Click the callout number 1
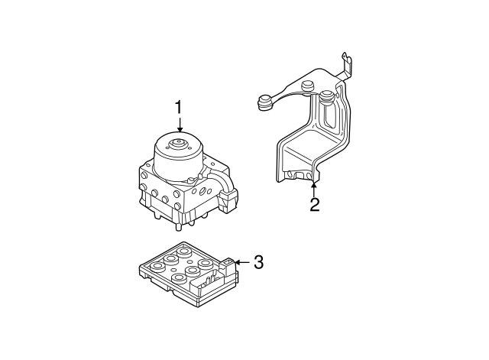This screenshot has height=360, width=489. coord(180,108)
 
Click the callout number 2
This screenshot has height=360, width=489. coord(314,204)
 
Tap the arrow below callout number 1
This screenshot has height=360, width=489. coord(180,127)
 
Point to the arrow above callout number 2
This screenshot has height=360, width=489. coord(314,184)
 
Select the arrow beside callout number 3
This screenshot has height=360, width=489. coord(240,263)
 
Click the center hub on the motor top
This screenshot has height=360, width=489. coord(180,141)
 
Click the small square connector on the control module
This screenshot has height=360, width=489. coord(227,266)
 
